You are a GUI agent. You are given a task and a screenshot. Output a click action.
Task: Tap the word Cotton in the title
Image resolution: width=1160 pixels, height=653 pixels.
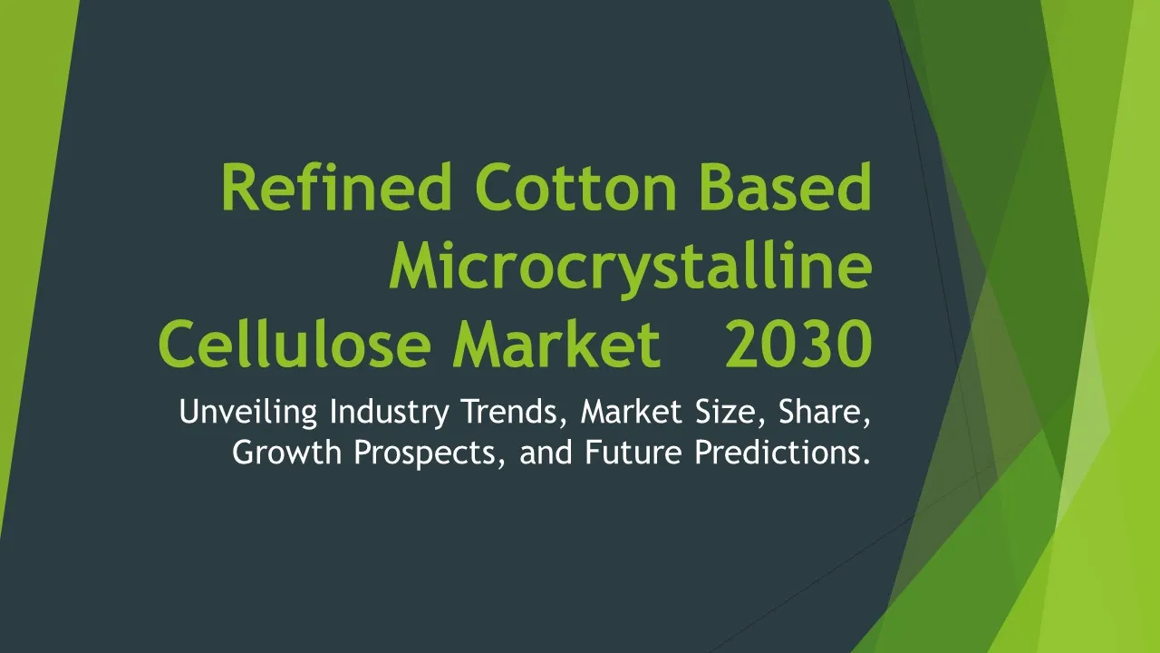point(575,187)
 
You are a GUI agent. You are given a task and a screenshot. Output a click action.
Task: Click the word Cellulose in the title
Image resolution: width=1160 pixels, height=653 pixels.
point(295,343)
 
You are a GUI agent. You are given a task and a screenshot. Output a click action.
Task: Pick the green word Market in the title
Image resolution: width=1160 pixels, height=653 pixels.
point(556,343)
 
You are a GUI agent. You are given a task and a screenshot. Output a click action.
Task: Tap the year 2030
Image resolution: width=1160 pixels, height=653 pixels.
point(798,344)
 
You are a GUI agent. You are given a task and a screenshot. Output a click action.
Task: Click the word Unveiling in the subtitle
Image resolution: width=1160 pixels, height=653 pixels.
point(248,413)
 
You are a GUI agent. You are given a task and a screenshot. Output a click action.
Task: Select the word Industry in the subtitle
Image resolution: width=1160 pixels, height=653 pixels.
point(390,413)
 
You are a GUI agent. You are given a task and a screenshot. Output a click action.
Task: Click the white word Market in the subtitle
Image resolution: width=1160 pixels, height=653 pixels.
point(632,412)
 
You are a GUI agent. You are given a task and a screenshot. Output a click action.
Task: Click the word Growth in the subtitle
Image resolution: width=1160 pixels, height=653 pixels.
point(287,452)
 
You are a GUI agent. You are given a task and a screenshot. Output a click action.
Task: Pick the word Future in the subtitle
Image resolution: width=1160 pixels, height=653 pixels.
point(633,452)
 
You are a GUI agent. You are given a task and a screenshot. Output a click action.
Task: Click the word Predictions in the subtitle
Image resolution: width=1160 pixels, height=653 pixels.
point(782,452)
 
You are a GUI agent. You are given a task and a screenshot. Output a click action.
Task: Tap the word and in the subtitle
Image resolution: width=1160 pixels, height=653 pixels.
point(546,453)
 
